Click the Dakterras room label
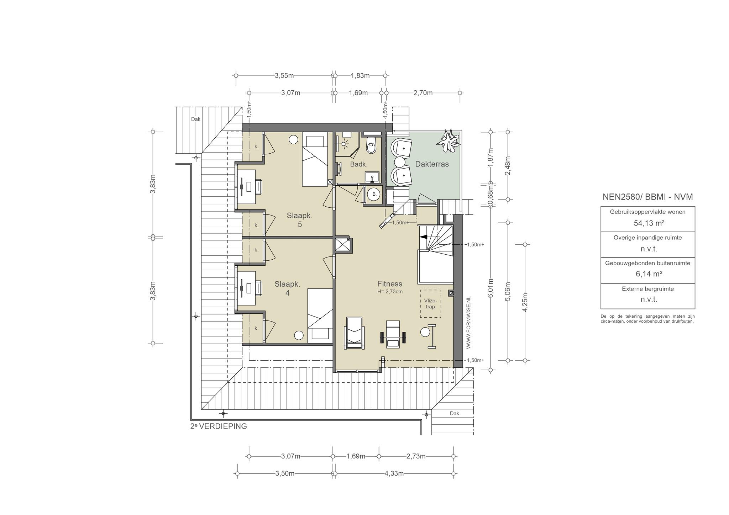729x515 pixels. [x=432, y=164]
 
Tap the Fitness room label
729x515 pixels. [x=390, y=284]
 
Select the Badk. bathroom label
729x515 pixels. [x=358, y=164]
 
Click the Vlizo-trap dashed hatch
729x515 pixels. [x=430, y=303]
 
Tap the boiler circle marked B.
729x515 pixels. [x=374, y=194]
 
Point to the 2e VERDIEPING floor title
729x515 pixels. [x=219, y=426]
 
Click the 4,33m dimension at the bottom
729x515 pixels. [x=394, y=473]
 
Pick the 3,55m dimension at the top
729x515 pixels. [x=284, y=75]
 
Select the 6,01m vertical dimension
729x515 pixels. [x=491, y=289]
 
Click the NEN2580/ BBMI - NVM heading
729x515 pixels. [x=647, y=197]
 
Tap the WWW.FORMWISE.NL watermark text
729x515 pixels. [x=468, y=322]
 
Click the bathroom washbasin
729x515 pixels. [x=372, y=177]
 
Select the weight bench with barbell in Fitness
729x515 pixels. [x=393, y=334]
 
